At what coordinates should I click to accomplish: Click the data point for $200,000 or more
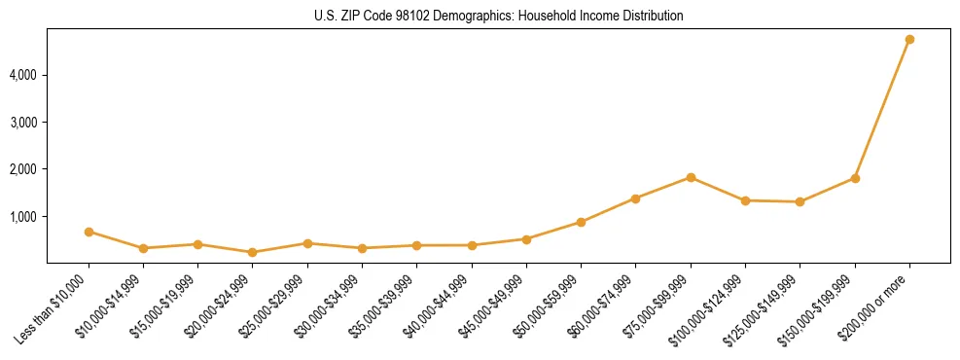click(909, 39)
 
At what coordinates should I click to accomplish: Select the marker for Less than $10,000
click(89, 232)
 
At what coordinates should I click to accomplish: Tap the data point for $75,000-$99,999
click(691, 177)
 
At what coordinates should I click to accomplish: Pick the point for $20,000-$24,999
click(253, 252)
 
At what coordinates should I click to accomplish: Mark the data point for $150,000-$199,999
click(855, 178)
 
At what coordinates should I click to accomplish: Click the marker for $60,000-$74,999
click(636, 198)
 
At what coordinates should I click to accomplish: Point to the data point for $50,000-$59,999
click(581, 222)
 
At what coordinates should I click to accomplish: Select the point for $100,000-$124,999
click(745, 200)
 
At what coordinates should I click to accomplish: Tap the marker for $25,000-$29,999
click(307, 243)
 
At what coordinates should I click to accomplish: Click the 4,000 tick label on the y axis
click(24, 75)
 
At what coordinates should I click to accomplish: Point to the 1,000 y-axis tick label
click(24, 216)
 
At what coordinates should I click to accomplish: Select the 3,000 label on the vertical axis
click(24, 123)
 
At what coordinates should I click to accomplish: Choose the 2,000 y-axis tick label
click(24, 169)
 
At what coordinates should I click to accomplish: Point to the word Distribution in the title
click(649, 16)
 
